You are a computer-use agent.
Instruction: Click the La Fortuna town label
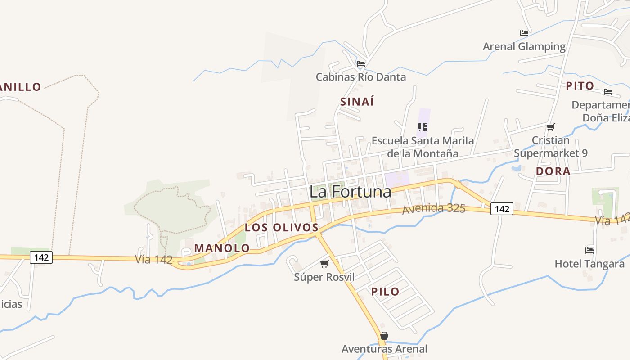pos(350,192)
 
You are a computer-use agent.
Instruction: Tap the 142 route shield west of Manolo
pos(41,257)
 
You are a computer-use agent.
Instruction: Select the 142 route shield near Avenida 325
pos(502,209)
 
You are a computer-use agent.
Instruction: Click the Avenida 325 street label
pos(434,209)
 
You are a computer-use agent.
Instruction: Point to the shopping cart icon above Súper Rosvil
pos(324,264)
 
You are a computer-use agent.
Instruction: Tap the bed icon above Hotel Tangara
pos(589,250)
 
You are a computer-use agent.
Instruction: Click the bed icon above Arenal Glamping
pos(524,33)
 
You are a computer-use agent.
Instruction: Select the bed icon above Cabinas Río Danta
pos(360,63)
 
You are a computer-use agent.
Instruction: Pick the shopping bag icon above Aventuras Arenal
pos(384,336)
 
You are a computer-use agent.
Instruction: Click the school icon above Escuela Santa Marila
pos(422,127)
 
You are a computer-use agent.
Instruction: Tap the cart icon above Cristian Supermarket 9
pos(550,127)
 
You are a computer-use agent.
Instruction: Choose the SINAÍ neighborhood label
pos(357,102)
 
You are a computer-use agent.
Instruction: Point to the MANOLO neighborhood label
pos(222,248)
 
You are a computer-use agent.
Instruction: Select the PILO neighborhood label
pos(385,292)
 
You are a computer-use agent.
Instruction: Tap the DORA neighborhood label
pos(553,171)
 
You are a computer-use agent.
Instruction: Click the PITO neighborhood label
pos(580,86)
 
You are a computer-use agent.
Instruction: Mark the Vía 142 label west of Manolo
pos(154,260)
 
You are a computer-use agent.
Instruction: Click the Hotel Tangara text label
pos(589,264)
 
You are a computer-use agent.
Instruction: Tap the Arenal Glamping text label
pos(524,46)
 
